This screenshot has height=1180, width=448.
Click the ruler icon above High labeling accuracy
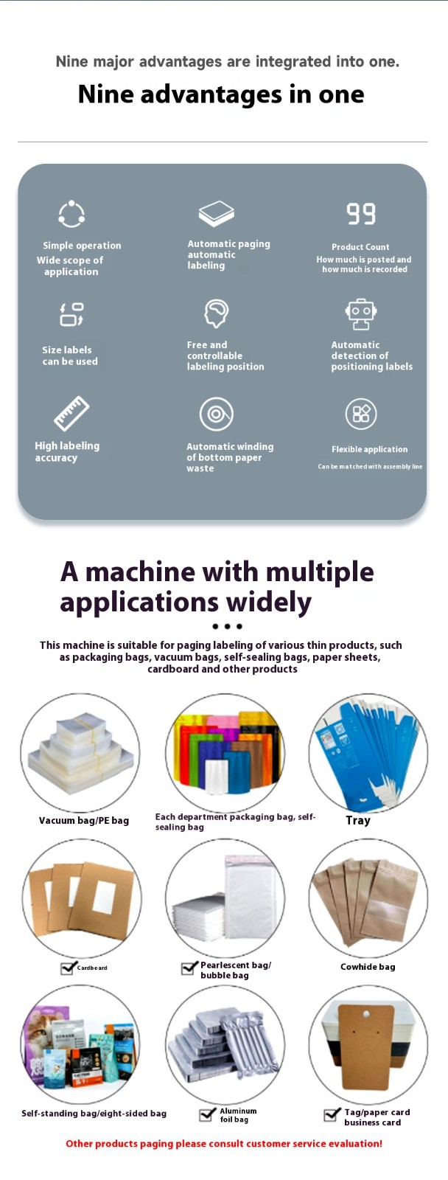pyautogui.click(x=71, y=413)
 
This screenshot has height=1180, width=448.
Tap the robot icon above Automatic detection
pyautogui.click(x=360, y=314)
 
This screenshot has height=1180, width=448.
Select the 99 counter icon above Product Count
pyautogui.click(x=361, y=213)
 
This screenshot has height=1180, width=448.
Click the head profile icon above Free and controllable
pyautogui.click(x=217, y=313)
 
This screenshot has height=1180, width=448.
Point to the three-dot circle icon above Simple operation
pyautogui.click(x=71, y=214)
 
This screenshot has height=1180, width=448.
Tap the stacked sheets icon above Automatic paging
pyautogui.click(x=217, y=213)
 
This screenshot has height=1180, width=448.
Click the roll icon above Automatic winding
pyautogui.click(x=217, y=414)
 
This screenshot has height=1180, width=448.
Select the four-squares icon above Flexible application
pyautogui.click(x=361, y=414)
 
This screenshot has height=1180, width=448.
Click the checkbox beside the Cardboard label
pyautogui.click(x=67, y=968)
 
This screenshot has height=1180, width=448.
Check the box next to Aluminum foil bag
pyautogui.click(x=207, y=1114)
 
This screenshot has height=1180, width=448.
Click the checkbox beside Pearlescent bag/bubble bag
pyautogui.click(x=189, y=968)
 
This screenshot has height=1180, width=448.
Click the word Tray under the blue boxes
pyautogui.click(x=358, y=820)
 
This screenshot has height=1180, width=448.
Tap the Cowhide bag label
pyautogui.click(x=368, y=967)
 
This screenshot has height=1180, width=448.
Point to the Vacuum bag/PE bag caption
pyautogui.click(x=84, y=820)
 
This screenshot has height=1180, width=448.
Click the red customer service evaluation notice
pyautogui.click(x=224, y=1143)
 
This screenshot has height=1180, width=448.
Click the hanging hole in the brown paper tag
pyautogui.click(x=366, y=1014)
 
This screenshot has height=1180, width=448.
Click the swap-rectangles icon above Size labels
pyautogui.click(x=71, y=314)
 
